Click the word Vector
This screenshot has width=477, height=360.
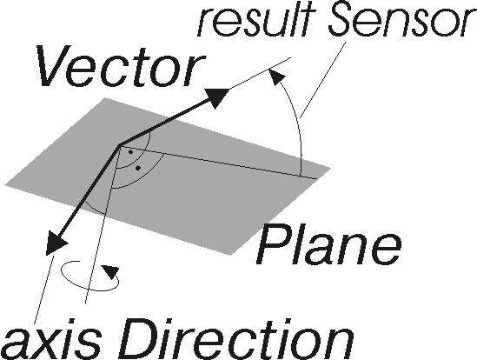[121, 66]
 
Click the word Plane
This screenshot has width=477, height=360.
[328, 245]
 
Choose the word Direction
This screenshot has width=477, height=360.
[236, 340]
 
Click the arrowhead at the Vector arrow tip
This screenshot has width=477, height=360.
[216, 97]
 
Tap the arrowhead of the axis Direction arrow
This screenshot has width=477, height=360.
[56, 243]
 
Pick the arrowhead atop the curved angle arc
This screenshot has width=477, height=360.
[276, 77]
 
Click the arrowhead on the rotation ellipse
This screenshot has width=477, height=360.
[110, 271]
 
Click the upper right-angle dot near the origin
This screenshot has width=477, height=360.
[130, 151]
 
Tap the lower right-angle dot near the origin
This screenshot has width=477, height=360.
[138, 168]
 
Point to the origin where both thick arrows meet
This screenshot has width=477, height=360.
[119, 145]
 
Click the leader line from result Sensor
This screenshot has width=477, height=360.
[323, 80]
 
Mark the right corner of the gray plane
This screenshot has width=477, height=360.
[331, 168]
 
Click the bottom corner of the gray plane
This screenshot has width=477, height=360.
[231, 255]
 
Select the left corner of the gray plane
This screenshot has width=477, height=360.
[5, 184]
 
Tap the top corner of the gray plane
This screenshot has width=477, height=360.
[105, 97]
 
